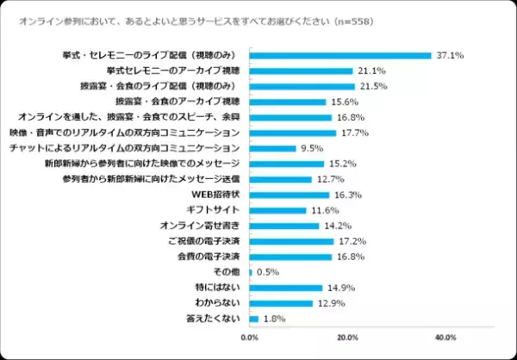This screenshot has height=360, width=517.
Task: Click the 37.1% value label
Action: coord(451,55)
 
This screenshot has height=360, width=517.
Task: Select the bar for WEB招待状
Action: coord(290,195)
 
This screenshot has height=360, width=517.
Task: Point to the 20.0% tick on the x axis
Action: coord(347,337)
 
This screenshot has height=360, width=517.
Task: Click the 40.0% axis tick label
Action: coord(445,337)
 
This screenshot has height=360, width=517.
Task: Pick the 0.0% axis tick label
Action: coord(250,337)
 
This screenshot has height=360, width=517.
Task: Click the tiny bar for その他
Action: coord(251,272)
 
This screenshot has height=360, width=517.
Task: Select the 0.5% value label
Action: coord(266,272)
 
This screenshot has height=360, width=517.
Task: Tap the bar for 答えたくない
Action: coord(254,319)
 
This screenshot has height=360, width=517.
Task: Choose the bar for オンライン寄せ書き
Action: coord(284,226)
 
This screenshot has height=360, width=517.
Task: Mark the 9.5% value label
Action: coord(310,148)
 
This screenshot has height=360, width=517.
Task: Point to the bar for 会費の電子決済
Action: coord(290,257)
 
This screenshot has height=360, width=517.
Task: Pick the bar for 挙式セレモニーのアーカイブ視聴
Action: coord(302,71)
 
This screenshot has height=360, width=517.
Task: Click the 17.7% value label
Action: coord(355,133)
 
